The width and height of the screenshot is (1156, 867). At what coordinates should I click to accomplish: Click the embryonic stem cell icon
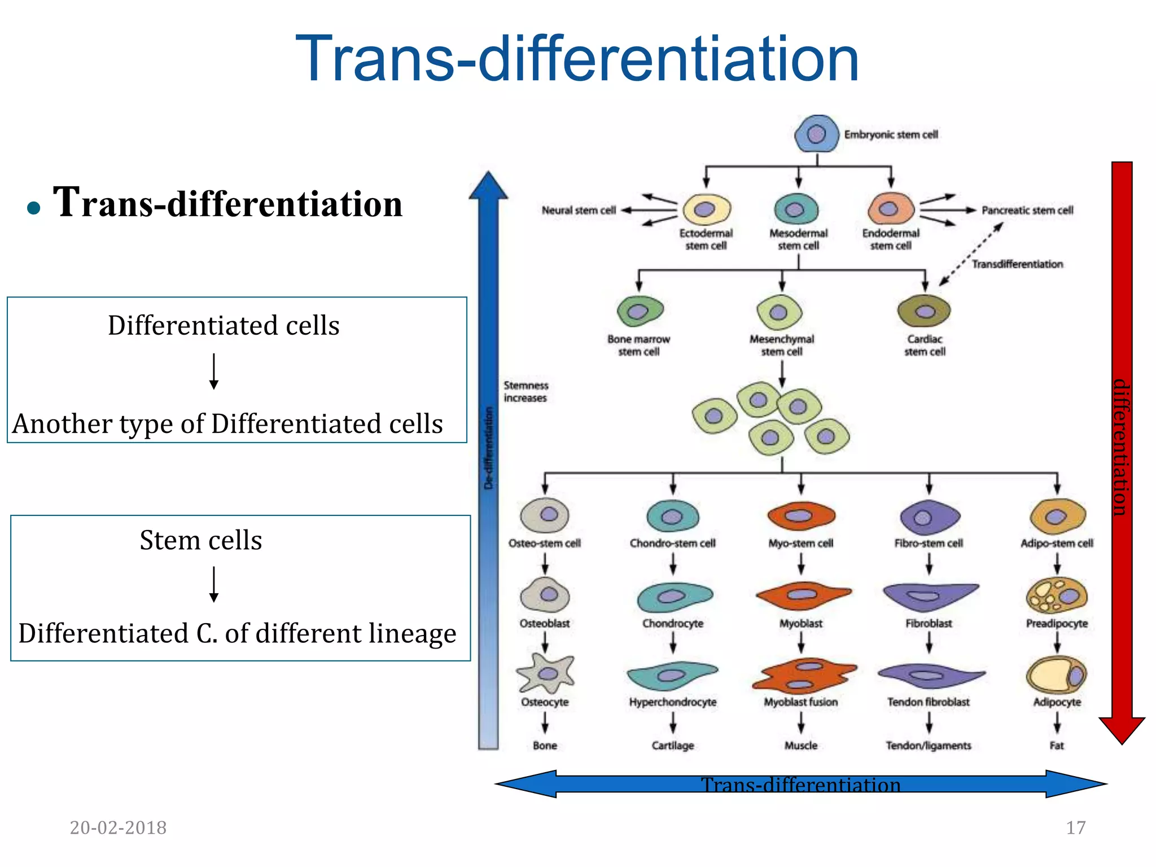[x=816, y=134]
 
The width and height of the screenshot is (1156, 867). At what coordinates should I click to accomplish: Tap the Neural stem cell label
[x=579, y=210]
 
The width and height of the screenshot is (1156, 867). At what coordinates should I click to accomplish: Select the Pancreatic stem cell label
[x=1027, y=210]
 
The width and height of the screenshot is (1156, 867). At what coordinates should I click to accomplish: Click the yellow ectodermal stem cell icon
[x=706, y=209]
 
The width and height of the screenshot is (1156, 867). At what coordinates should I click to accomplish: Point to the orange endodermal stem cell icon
[x=890, y=209]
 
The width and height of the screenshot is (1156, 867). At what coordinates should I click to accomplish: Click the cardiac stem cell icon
[x=924, y=311]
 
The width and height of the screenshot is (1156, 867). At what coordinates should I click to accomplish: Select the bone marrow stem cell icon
[x=639, y=311]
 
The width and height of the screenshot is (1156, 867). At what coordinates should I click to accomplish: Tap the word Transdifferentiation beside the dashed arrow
[x=1017, y=264]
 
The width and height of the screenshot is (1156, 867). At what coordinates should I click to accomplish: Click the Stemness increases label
[x=526, y=391]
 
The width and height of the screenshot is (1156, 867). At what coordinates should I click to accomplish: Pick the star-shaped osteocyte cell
[x=545, y=673]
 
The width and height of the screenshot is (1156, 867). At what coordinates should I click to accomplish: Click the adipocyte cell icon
[x=1057, y=675]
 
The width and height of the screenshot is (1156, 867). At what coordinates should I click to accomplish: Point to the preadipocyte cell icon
[x=1057, y=596]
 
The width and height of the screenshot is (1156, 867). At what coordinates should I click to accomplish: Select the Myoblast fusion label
[x=800, y=702]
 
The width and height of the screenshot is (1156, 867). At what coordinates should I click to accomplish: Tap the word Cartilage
[x=672, y=746]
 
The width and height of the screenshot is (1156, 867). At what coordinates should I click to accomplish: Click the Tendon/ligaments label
[x=929, y=746]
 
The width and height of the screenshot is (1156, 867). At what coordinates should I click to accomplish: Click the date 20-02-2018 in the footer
[x=118, y=827]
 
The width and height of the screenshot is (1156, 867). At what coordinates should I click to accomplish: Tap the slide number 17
[x=1075, y=827]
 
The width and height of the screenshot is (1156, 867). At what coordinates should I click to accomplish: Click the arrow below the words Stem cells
[x=214, y=585]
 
